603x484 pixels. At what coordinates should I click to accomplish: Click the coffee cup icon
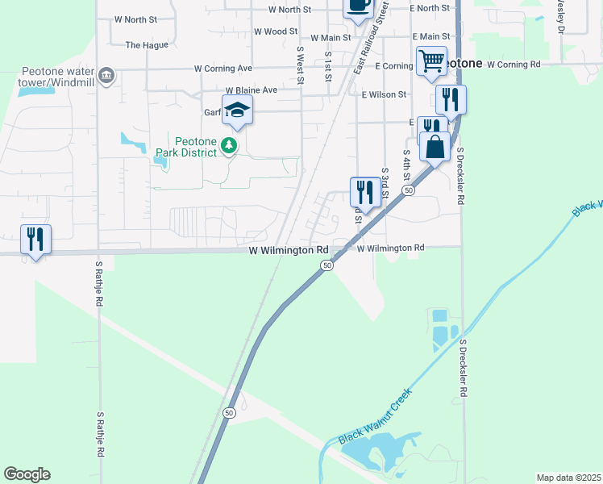[358, 5]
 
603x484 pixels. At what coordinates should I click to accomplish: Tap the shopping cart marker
[431, 60]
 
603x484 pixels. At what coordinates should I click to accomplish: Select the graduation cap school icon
[238, 110]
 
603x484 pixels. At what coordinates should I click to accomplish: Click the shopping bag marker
[435, 147]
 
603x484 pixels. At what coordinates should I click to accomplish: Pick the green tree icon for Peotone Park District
[231, 145]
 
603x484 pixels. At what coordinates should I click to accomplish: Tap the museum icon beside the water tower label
[106, 77]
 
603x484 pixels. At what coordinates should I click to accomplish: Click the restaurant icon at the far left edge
[35, 239]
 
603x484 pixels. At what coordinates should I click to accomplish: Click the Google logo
[27, 474]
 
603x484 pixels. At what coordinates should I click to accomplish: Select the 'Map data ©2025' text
[568, 478]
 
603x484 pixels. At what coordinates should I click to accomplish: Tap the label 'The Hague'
[147, 45]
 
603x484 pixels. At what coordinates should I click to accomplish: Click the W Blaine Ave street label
[251, 90]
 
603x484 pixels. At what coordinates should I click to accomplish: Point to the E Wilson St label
[385, 94]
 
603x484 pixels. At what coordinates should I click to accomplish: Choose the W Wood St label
[276, 31]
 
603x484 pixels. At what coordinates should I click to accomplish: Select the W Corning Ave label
[222, 69]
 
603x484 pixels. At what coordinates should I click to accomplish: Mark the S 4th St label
[406, 165]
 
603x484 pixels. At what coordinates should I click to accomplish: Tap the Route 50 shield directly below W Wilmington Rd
[326, 265]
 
